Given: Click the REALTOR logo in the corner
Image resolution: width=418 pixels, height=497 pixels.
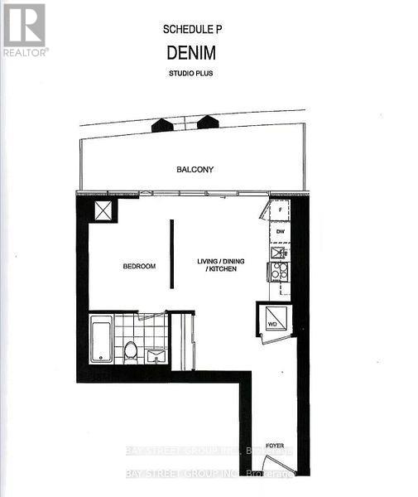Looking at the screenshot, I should pyautogui.click(x=25, y=29).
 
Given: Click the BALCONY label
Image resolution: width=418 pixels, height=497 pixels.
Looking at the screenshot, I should pyautogui.click(x=195, y=170).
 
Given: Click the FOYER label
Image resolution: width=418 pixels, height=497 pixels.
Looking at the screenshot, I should pyautogui.click(x=275, y=446).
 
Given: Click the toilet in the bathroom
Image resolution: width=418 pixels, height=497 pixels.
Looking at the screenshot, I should pyautogui.click(x=131, y=350).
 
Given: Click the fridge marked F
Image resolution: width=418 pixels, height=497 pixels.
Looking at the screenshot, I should pyautogui.click(x=279, y=211).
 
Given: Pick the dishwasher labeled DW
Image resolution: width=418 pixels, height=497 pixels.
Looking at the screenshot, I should pyautogui.click(x=279, y=232).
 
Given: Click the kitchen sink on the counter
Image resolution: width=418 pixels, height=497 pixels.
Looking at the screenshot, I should pyautogui.click(x=279, y=253).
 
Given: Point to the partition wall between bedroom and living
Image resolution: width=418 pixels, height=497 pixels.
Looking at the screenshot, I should pyautogui.click(x=171, y=254).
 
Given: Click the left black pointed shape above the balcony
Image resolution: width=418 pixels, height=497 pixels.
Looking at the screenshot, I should pyautogui.click(x=162, y=124).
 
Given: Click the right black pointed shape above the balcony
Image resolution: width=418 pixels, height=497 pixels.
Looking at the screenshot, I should pyautogui.click(x=207, y=123).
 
